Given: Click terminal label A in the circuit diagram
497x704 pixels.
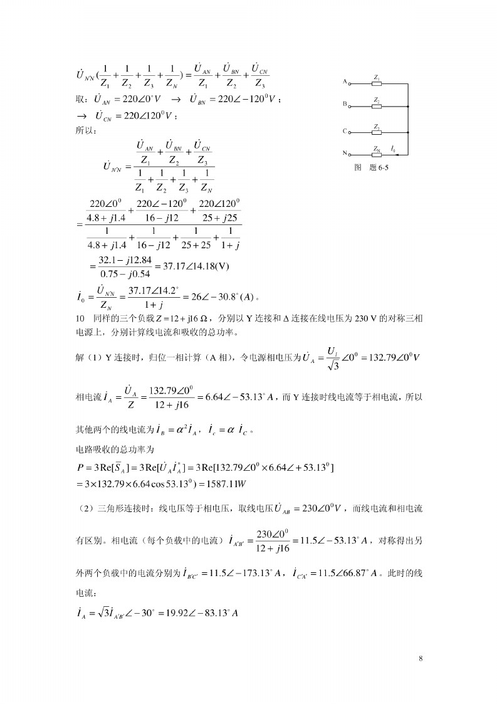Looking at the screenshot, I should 345,82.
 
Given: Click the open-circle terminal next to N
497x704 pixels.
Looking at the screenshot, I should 350,153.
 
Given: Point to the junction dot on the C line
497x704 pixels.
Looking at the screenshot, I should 408,132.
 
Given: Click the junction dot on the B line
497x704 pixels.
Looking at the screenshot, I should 408,107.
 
